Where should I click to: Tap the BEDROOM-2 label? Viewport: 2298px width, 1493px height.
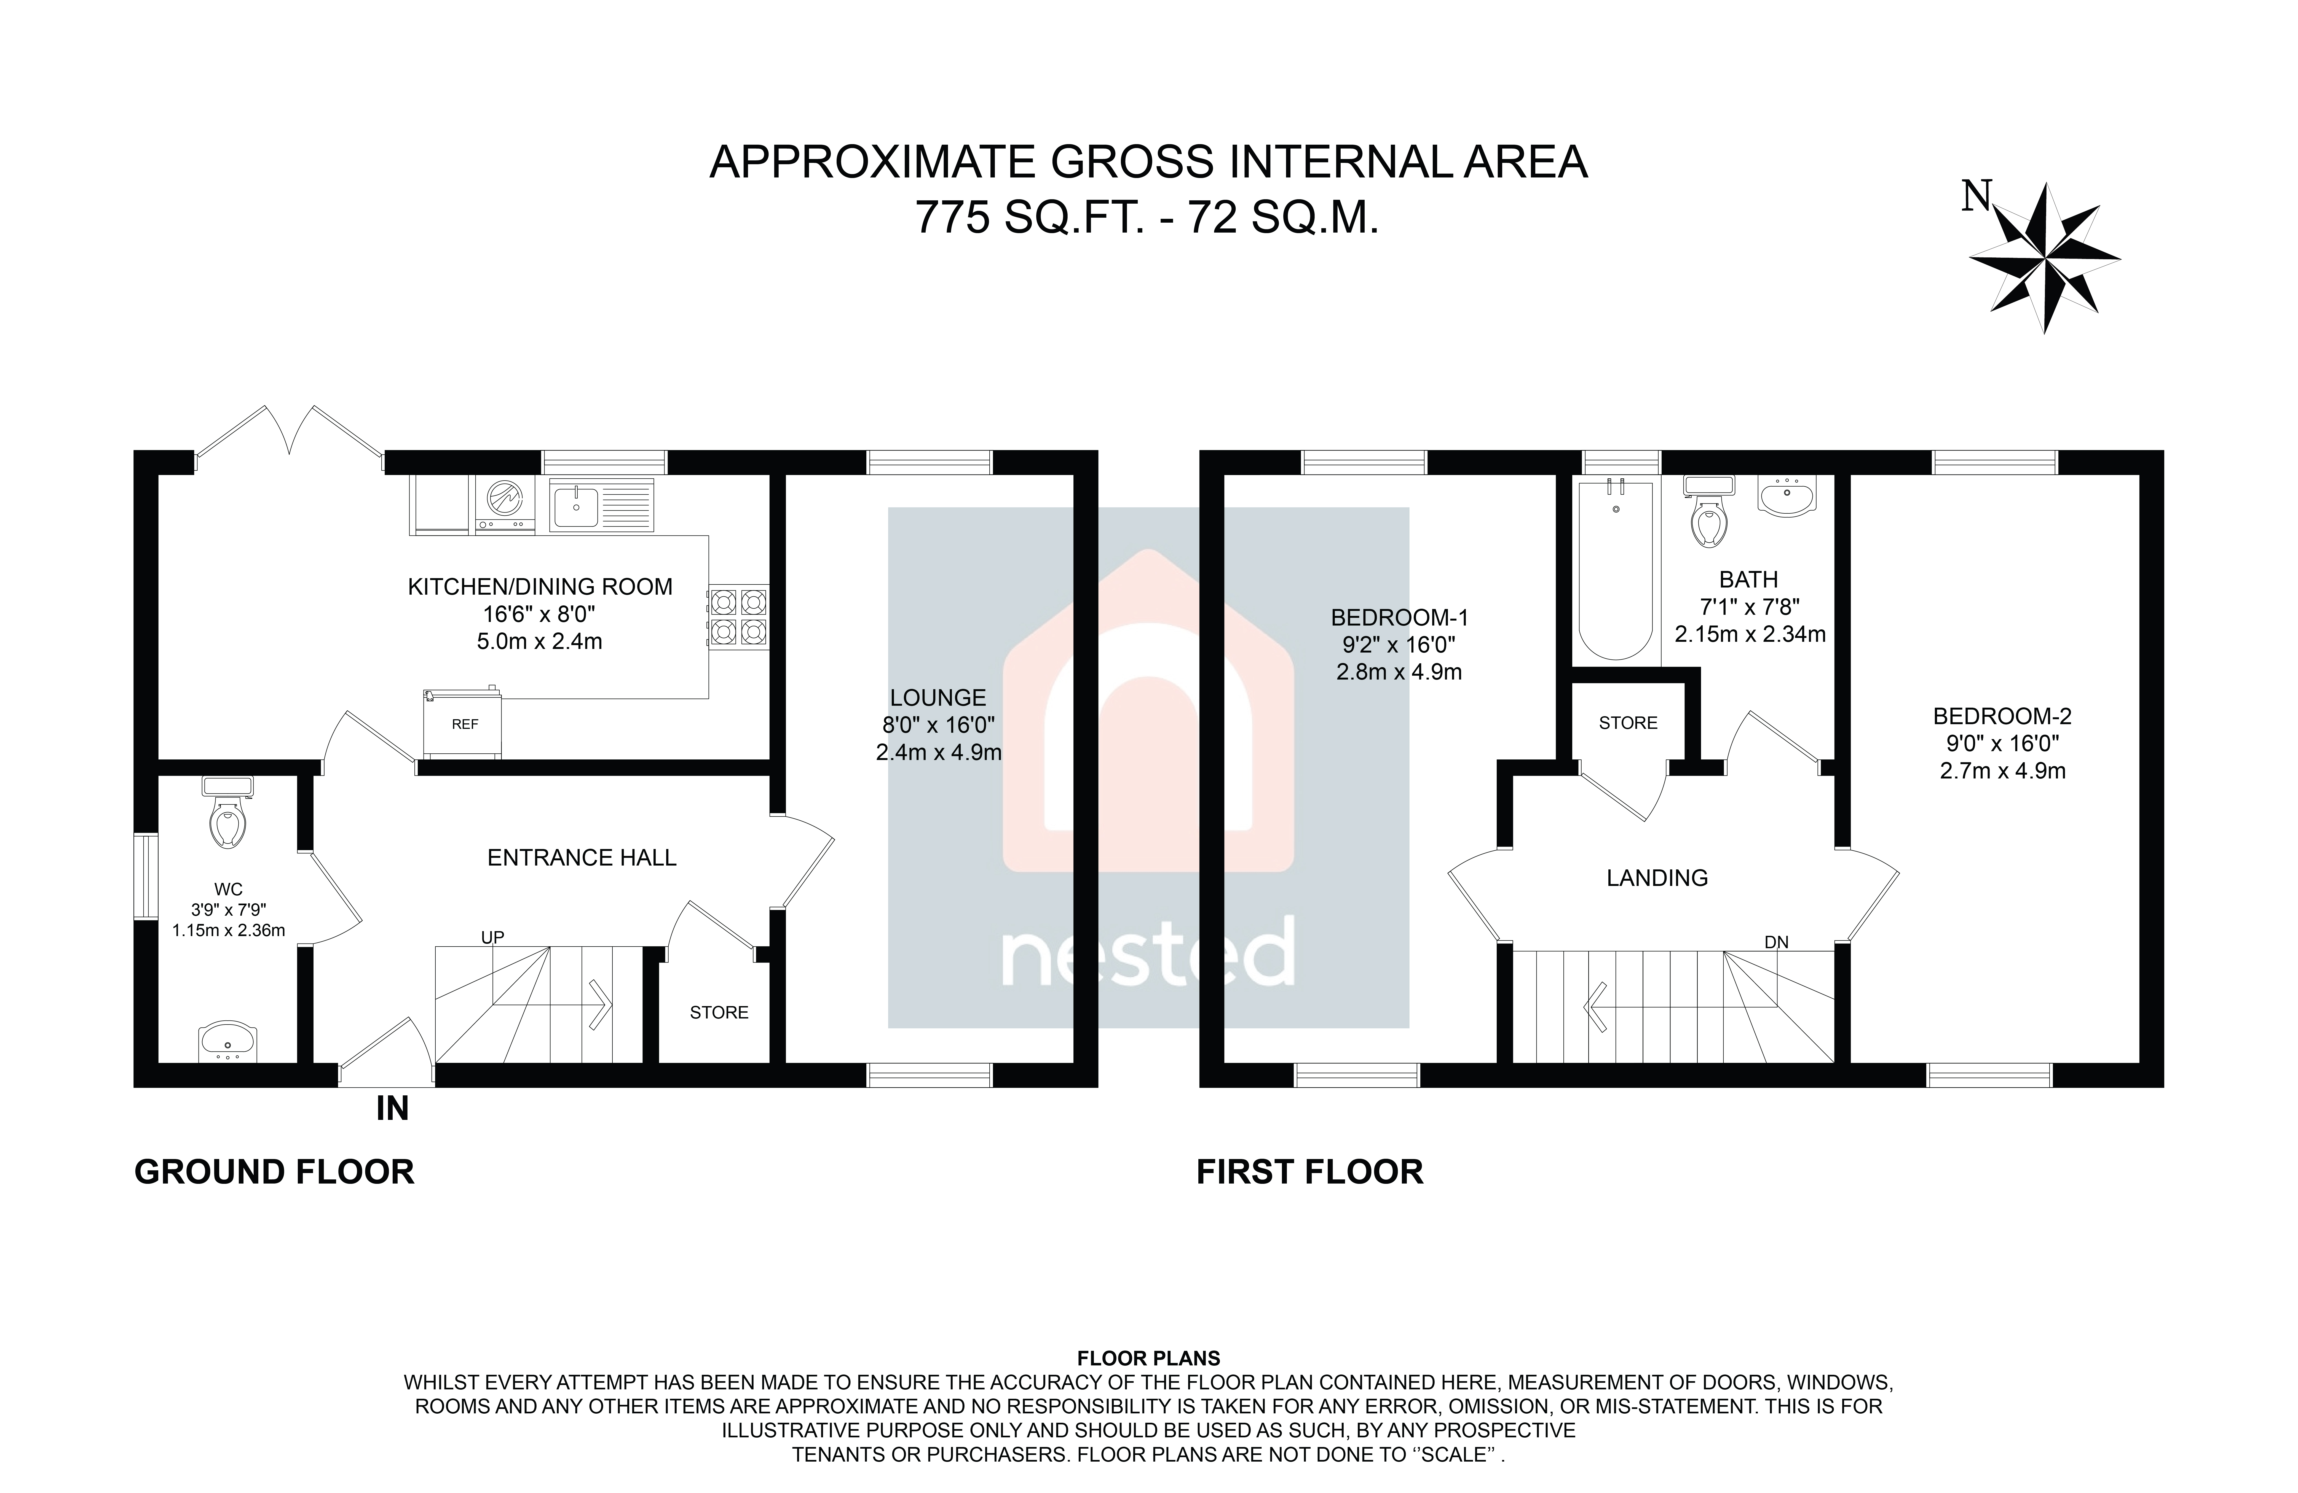[2002, 716]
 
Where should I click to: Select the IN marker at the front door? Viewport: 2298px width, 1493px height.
[392, 1109]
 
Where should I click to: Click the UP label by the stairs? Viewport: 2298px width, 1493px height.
[492, 937]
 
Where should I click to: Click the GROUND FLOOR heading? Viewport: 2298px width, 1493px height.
[274, 1172]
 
